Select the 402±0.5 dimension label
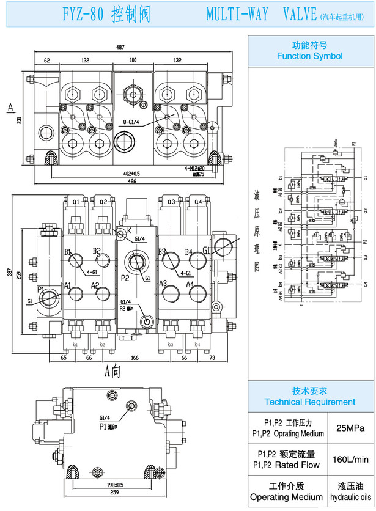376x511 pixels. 132,173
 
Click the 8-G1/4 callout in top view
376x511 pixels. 132,121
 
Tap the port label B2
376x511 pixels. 97,251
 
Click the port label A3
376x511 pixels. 163,283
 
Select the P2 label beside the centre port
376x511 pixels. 125,278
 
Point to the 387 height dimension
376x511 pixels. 9,272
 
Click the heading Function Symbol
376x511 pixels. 309,56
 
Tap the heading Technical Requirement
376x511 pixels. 309,402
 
